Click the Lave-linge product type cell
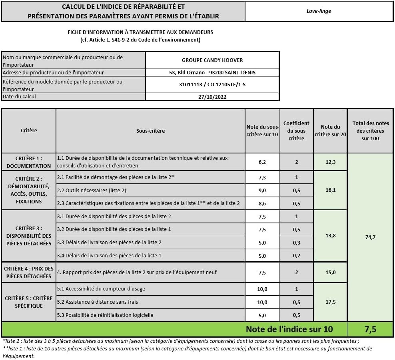tap(319, 11)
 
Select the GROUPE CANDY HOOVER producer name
tap(212, 60)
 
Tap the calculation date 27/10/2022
tap(212, 97)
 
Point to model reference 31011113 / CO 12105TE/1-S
tap(212, 85)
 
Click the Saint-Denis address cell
tap(212, 73)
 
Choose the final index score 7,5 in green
tap(370, 330)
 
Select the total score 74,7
tap(370, 237)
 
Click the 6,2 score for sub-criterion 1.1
tap(262, 162)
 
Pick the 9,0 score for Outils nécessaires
tap(262, 191)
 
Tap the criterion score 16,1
tap(330, 190)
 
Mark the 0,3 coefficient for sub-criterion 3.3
tap(296, 243)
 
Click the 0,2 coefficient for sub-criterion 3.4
tap(296, 256)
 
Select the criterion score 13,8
tap(330, 236)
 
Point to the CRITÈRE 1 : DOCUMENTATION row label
tap(29, 162)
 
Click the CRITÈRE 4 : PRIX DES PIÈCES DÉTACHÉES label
tap(29, 272)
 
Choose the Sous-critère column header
tap(150, 131)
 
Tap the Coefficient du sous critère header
tap(296, 131)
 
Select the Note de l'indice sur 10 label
tap(289, 330)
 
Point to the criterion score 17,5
tap(330, 302)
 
